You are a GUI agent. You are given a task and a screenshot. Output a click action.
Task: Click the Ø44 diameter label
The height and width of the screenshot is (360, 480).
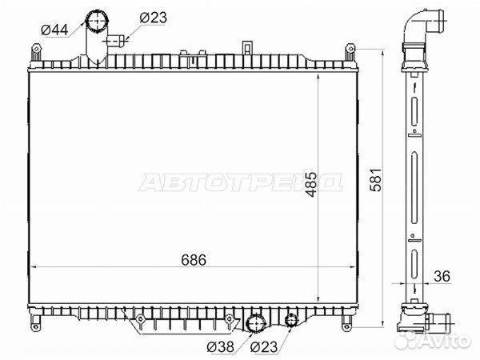(54, 30)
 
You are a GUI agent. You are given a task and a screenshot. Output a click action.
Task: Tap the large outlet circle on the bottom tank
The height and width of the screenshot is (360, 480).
(256, 324)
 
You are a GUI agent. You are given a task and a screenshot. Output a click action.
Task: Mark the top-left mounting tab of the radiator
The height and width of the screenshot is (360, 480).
(35, 53)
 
